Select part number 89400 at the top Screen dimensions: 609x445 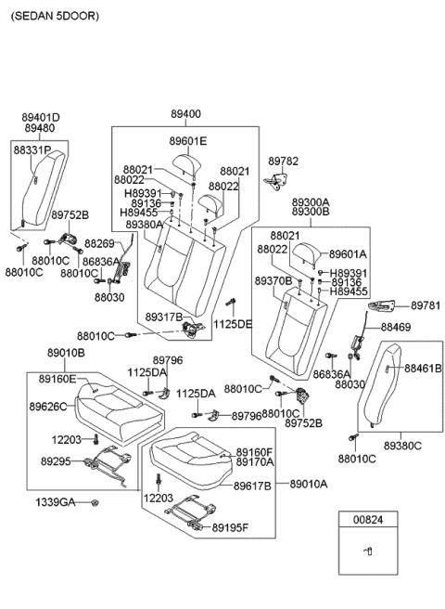(185, 114)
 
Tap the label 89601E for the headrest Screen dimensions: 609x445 (188, 141)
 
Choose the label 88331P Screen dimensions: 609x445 (32, 149)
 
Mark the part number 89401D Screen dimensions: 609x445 (42, 118)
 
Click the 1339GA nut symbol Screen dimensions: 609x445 (97, 503)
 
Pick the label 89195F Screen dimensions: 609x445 (256, 528)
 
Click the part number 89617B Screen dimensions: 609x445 (253, 486)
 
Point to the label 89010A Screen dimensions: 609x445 (310, 484)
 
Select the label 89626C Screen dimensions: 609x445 (46, 406)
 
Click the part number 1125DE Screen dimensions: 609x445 (233, 324)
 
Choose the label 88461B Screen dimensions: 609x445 (423, 369)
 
